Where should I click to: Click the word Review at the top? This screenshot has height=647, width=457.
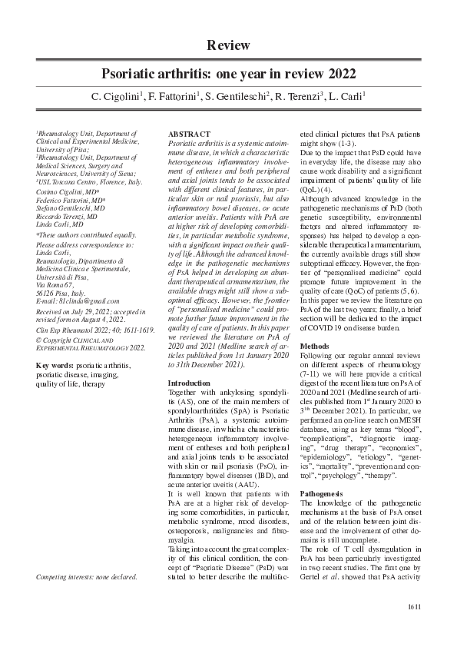[228, 46]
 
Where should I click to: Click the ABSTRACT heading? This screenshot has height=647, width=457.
[189, 135]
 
